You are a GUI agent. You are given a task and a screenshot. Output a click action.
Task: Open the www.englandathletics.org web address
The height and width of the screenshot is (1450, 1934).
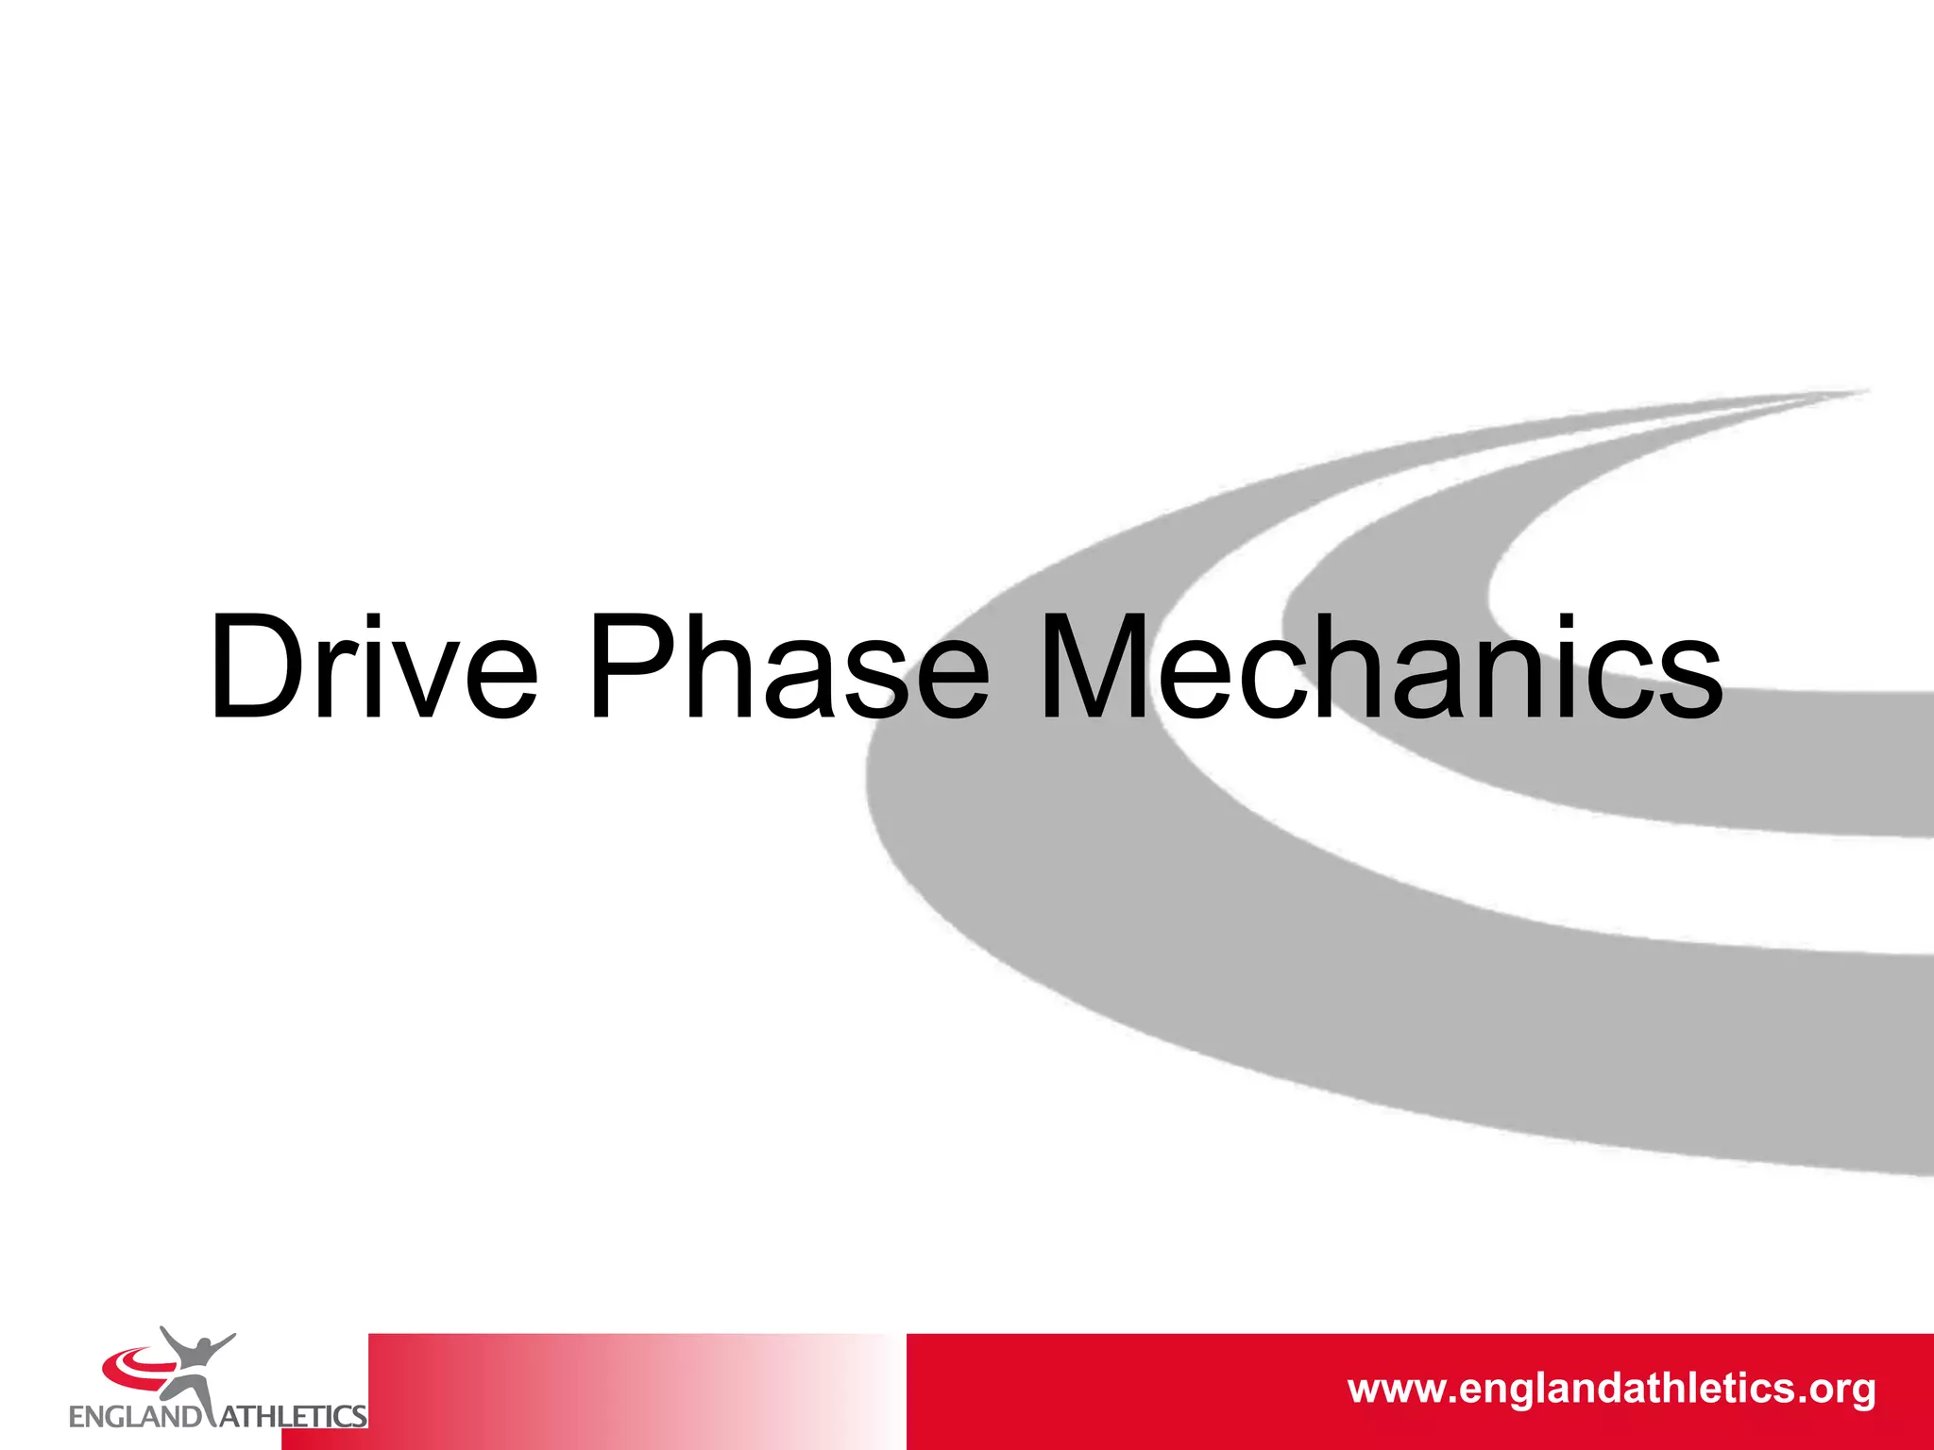point(1611,1389)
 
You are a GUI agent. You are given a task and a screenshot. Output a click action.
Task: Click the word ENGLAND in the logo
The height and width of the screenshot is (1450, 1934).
point(135,1417)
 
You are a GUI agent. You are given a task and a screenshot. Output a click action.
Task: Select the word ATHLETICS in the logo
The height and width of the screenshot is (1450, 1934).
point(293,1417)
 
